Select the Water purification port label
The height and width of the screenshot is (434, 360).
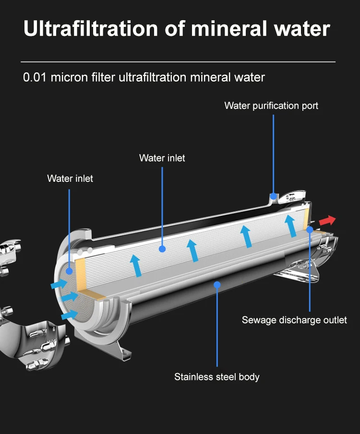(x=271, y=106)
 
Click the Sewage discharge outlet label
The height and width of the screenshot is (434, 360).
(x=294, y=320)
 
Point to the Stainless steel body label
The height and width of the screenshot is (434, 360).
(x=216, y=377)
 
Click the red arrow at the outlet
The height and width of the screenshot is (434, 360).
(x=327, y=221)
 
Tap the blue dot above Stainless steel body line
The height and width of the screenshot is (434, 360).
(x=217, y=284)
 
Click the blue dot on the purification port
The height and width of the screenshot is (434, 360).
(x=273, y=196)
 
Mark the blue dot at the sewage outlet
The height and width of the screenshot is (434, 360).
(x=310, y=230)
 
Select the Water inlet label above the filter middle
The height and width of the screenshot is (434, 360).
(x=162, y=158)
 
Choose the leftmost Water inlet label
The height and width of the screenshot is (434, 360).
(x=70, y=178)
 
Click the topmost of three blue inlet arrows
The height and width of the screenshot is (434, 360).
(x=59, y=284)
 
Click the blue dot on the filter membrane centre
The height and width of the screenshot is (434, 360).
(x=162, y=249)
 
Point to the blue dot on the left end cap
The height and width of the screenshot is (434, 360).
(x=70, y=270)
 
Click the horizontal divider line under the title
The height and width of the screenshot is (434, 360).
(x=178, y=62)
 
